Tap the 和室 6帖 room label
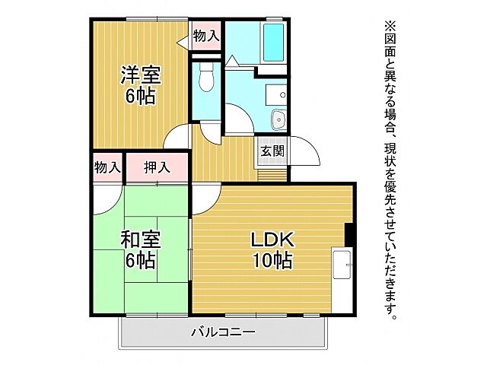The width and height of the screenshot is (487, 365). [140, 249]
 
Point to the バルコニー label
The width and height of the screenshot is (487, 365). [223, 332]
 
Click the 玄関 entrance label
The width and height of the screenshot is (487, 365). [272, 151]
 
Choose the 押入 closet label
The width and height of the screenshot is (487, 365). [157, 167]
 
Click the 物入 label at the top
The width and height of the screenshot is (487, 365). [205, 35]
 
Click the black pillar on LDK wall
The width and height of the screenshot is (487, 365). [349, 235]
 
